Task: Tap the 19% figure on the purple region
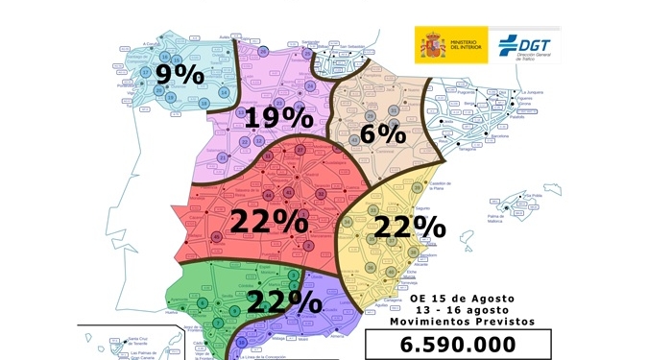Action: click(277, 118)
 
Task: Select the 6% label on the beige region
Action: click(384, 133)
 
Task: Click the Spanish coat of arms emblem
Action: click(430, 45)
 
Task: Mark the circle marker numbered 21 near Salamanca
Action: click(223, 156)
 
